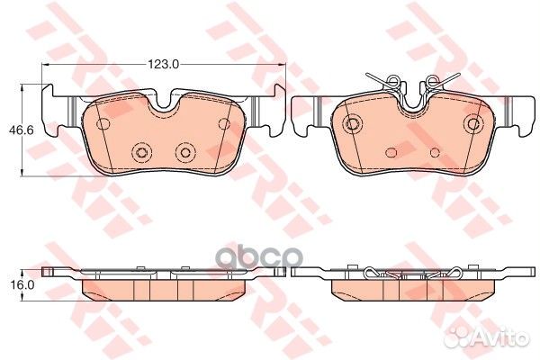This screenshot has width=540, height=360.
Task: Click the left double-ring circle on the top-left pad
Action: [x=139, y=151]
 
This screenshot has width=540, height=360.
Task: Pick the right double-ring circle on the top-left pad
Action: [x=186, y=151]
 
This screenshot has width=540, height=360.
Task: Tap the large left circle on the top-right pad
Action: [x=354, y=123]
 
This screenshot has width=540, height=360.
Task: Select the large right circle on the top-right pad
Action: [x=472, y=123]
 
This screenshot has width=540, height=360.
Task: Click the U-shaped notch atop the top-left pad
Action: [x=164, y=102]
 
